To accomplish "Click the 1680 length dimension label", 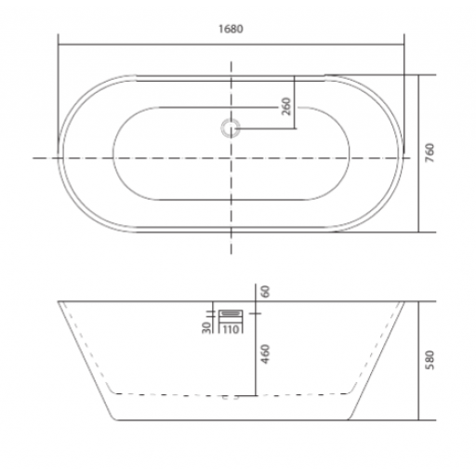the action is (231, 29).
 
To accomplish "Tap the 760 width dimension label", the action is (430, 152).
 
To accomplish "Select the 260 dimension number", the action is (286, 106).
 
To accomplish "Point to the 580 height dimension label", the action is (430, 360).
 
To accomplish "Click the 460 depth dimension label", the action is (265, 354).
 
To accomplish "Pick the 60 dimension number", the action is (265, 292).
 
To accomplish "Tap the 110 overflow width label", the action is (231, 329).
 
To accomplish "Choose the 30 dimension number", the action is (206, 327).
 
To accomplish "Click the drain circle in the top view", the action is (231, 128).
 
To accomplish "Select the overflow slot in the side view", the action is (231, 313).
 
